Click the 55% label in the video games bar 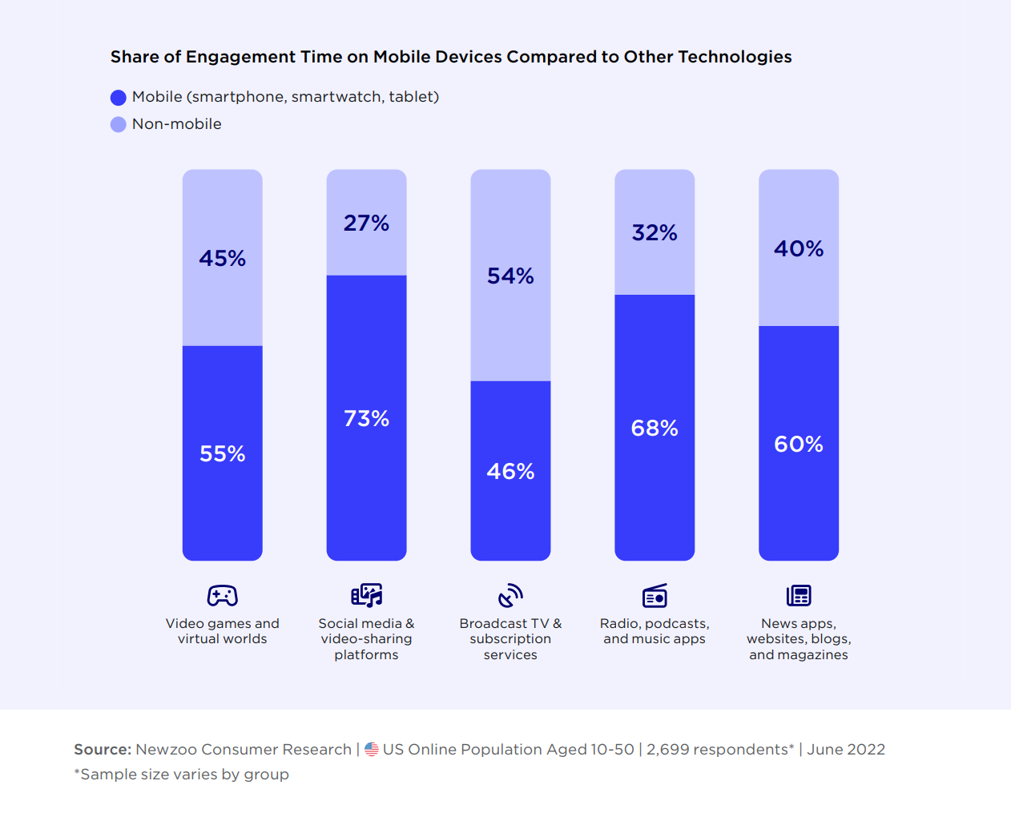tap(223, 453)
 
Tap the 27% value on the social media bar tap(366, 223)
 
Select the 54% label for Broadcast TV tap(510, 276)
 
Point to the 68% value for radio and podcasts tap(655, 428)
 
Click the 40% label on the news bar tap(799, 248)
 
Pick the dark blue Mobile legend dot tap(119, 98)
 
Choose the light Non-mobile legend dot tap(119, 124)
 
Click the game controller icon tap(223, 595)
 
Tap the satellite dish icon tap(510, 595)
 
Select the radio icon tap(655, 595)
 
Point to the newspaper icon tap(799, 595)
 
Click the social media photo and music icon tap(366, 595)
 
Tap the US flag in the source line tap(372, 749)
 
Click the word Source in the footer tap(102, 749)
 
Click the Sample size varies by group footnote tap(182, 774)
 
